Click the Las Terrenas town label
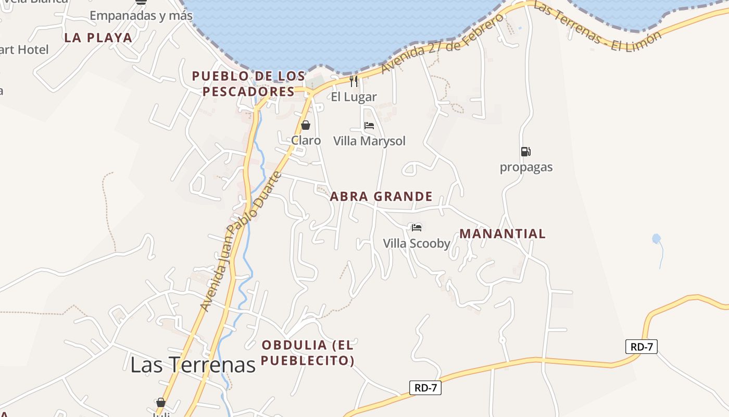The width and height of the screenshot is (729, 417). tap(193, 364)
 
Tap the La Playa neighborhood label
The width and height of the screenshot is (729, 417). tap(98, 38)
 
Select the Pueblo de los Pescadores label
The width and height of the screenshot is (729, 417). tap(248, 84)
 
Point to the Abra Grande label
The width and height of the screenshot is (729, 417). tap(381, 197)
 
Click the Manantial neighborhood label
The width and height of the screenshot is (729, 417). tap(502, 234)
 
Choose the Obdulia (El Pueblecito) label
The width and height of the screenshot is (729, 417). tap(308, 352)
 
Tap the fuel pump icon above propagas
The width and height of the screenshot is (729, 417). tap(525, 152)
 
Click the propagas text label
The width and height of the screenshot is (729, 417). tap(526, 167)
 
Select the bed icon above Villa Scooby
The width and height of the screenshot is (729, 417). tap(417, 227)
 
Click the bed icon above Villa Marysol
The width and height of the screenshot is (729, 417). tap(369, 126)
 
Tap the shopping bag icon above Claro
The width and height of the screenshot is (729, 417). tap(306, 126)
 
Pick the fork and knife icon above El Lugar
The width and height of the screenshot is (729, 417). tap(354, 81)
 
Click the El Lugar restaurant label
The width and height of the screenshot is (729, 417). tap(354, 96)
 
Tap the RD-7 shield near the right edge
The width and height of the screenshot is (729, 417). tap(641, 347)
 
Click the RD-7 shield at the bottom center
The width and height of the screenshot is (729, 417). tap(425, 388)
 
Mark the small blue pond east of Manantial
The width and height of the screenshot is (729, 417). tap(656, 239)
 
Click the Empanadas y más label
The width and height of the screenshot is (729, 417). tap(141, 16)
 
